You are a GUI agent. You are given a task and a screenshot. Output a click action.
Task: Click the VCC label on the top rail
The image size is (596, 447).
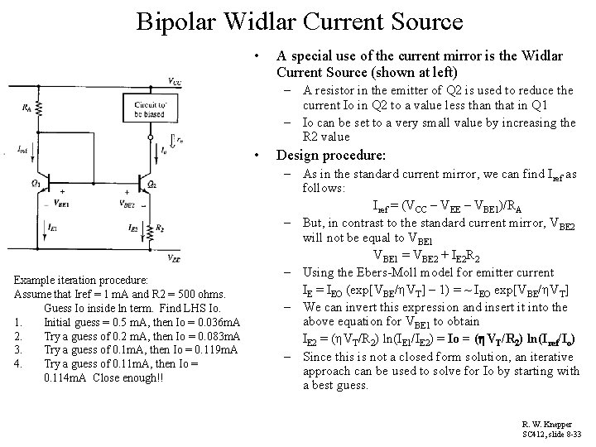pyautogui.click(x=174, y=81)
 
